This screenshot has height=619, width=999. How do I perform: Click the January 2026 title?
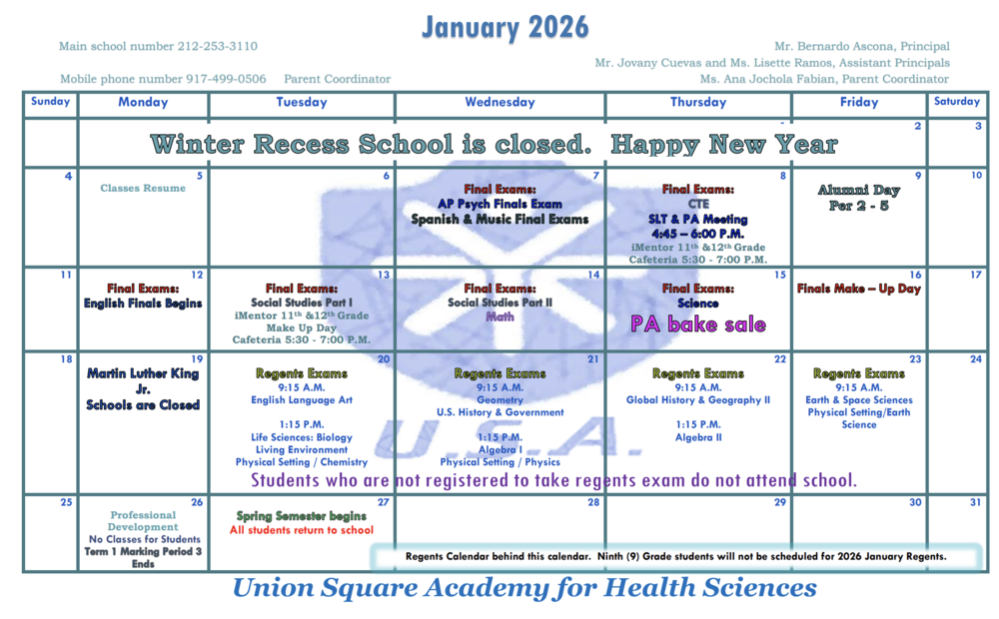504,27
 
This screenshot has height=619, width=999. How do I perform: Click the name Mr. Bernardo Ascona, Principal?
861,46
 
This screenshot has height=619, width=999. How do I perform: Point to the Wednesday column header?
499,102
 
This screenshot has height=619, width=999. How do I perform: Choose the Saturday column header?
956,101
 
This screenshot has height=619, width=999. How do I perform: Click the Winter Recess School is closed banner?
494,144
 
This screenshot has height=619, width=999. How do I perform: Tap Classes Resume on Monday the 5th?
143,188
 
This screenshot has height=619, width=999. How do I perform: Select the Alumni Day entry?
858,190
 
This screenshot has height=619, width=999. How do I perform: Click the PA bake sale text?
698,324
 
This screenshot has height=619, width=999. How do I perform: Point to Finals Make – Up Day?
858,289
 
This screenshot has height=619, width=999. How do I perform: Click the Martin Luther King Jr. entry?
143,381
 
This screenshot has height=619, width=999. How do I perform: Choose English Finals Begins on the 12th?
143,304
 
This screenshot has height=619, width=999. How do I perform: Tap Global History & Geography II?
697,400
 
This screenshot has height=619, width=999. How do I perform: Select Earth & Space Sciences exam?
858,400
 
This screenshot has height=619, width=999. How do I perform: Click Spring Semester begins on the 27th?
302,516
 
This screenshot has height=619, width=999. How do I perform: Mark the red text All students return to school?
302,530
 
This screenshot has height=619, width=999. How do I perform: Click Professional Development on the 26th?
143,521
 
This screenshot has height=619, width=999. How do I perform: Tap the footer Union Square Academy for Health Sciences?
524,588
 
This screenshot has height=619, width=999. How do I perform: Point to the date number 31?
975,502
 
